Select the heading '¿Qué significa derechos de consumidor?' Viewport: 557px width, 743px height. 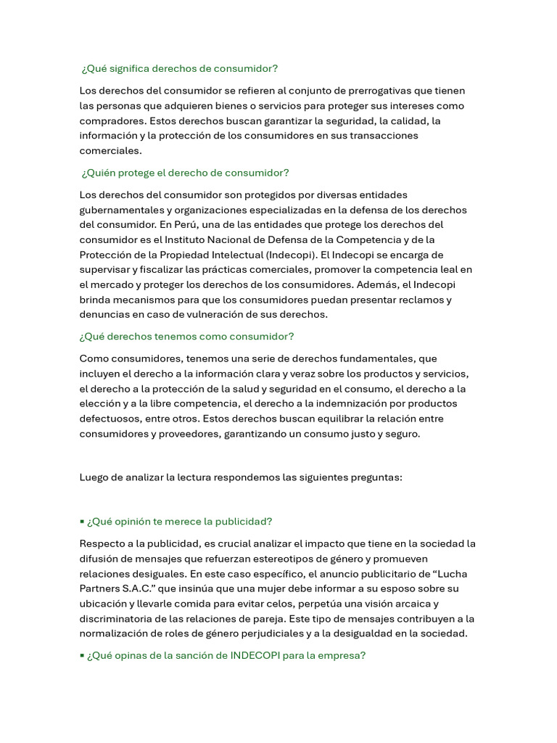click(180, 68)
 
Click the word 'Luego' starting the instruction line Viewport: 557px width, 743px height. click(94, 477)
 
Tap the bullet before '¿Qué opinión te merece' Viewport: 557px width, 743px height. click(82, 522)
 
